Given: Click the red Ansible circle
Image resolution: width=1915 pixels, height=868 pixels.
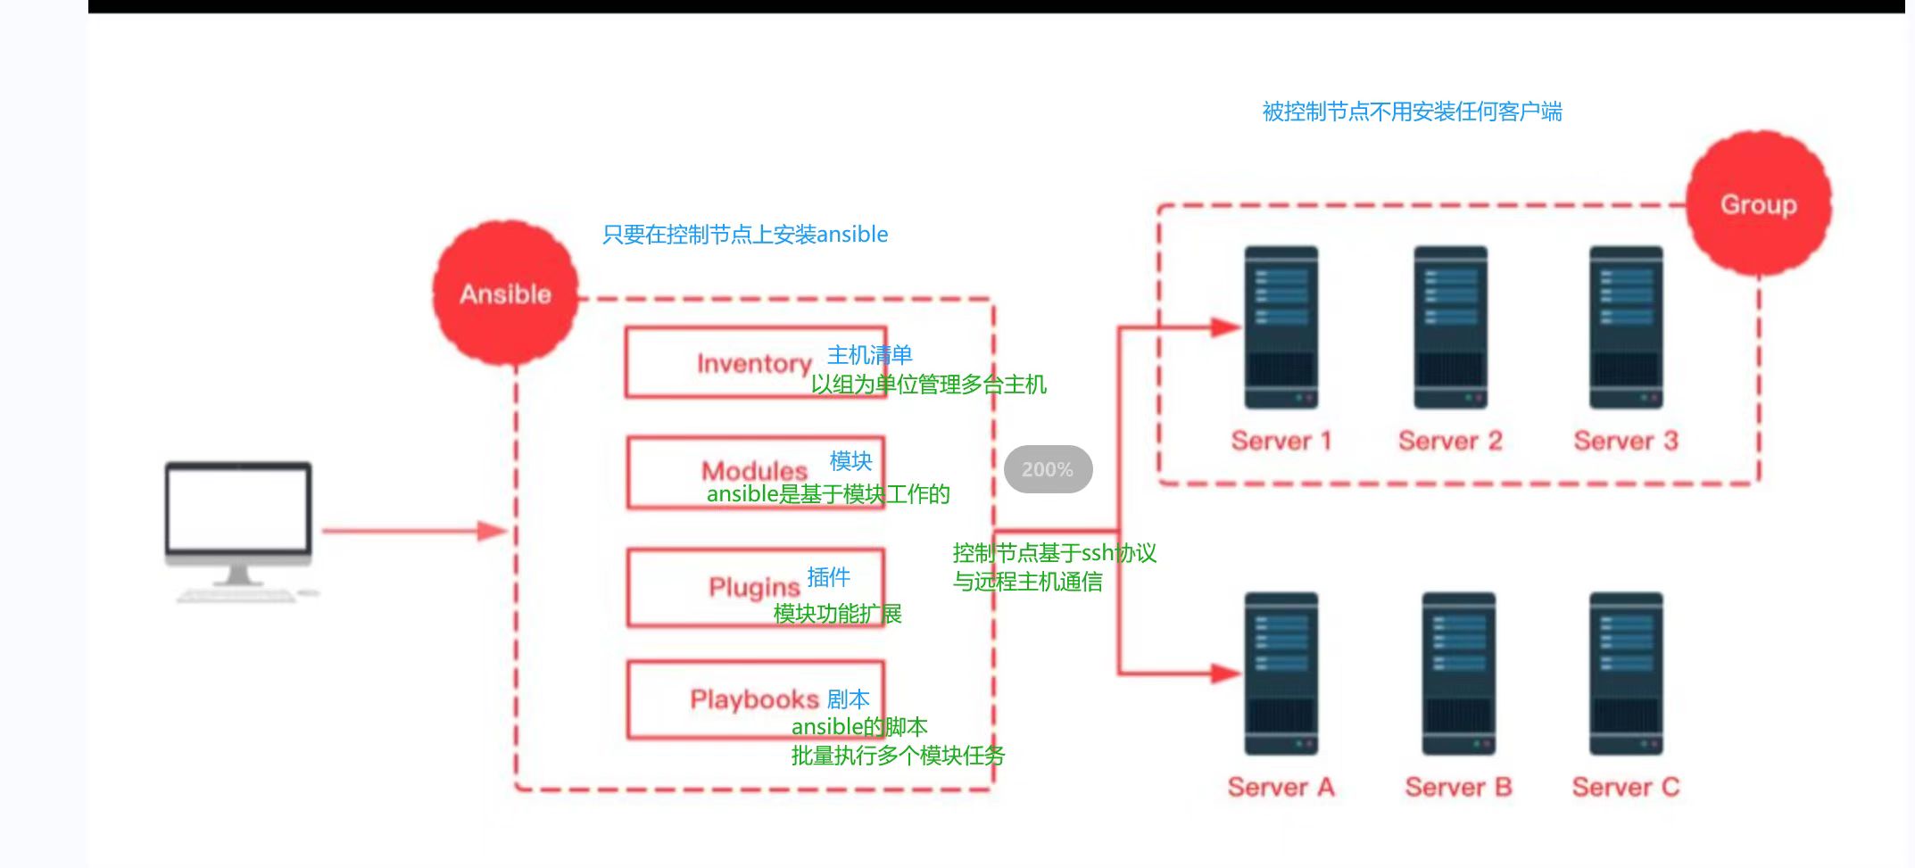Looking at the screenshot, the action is (505, 293).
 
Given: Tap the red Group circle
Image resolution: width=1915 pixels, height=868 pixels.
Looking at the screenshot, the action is (1759, 203).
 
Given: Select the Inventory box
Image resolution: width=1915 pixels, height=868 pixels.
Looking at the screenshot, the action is (756, 362).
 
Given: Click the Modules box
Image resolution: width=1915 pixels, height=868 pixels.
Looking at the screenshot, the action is (756, 472).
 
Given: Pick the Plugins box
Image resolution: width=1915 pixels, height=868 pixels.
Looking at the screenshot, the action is (756, 587).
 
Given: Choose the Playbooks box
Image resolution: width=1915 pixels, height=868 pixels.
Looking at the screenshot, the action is (756, 699).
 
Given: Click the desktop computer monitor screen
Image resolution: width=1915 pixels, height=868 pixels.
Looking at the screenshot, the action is (238, 510).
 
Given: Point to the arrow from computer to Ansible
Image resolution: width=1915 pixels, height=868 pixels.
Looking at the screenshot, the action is (414, 531).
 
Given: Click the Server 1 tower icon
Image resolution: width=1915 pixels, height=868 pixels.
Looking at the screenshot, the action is (1281, 327).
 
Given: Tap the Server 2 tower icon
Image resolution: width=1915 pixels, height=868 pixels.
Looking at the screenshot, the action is (1450, 327).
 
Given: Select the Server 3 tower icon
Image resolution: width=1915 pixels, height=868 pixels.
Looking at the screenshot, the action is (1626, 327).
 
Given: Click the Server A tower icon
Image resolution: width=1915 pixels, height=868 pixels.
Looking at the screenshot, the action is (1281, 674).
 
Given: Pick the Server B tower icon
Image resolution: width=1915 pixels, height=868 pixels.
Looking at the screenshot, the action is (1458, 674).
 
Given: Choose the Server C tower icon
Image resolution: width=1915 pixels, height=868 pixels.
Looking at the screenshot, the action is (1626, 674).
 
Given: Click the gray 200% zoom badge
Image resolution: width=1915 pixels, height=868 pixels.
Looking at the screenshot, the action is (1048, 469).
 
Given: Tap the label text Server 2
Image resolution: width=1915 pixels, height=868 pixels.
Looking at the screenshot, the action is (1450, 441).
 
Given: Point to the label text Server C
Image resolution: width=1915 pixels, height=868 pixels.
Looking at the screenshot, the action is (1626, 787).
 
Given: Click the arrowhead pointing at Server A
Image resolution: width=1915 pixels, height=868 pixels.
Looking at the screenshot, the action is (1226, 673).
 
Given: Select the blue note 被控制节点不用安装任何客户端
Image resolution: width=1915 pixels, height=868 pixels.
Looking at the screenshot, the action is (1412, 112).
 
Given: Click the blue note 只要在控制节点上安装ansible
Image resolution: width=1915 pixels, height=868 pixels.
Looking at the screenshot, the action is (745, 235).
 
